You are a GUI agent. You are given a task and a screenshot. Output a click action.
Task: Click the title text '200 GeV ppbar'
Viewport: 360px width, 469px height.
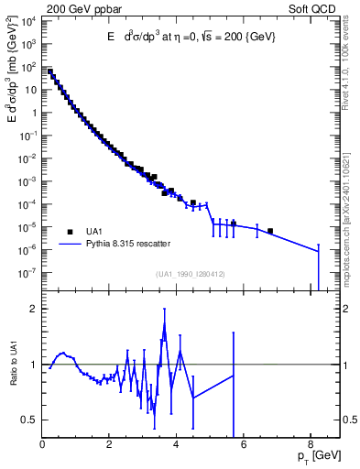(x=81, y=9)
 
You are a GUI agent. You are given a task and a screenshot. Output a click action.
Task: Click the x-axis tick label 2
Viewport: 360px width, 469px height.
(x=110, y=446)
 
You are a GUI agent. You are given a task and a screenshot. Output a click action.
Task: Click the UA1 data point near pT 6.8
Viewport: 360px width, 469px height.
(x=270, y=231)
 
